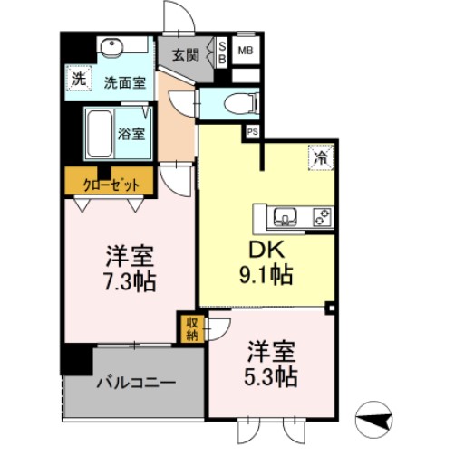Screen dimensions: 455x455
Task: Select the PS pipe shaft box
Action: point(252,131)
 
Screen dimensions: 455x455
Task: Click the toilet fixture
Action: point(230,102)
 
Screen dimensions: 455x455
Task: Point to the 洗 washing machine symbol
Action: point(79,79)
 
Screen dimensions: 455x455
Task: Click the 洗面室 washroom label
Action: point(122,83)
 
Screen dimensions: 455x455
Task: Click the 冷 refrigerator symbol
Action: point(320,156)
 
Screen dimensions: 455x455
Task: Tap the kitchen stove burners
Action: point(321,216)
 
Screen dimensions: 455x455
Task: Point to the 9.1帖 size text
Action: point(266,274)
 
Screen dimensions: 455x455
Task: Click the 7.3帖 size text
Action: point(127,279)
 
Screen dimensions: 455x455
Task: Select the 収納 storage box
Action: point(193,327)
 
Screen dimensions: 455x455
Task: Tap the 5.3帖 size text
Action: point(271,372)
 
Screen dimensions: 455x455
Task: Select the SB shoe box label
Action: point(224,52)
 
